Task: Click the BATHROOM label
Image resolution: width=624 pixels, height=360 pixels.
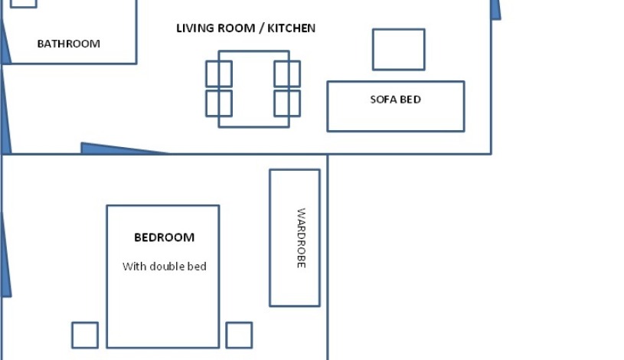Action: (68, 44)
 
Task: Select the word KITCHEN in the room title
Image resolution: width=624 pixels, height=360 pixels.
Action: (291, 28)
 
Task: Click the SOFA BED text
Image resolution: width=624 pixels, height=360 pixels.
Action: (395, 100)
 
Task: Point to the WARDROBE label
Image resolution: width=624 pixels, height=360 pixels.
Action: (301, 238)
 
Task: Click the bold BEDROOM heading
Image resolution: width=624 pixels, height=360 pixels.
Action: (164, 237)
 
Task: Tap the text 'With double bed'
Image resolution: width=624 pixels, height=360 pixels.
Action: (165, 267)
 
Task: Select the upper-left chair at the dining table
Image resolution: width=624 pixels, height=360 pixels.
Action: (219, 74)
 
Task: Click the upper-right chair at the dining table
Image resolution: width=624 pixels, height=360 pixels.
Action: (287, 74)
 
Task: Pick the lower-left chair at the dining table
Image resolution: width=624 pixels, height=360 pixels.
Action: (219, 103)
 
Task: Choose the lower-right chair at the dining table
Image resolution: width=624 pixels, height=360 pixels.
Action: (287, 103)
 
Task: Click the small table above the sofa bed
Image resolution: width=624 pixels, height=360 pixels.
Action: (399, 49)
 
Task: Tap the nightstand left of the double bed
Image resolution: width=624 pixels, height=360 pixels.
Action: (85, 335)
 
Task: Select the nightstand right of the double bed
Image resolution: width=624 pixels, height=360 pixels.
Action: (239, 335)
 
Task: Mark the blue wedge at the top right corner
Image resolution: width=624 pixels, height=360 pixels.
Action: (496, 9)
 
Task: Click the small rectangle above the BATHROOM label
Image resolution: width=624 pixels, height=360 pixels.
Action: (24, 4)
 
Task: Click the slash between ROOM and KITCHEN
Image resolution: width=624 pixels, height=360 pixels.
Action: (261, 28)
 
